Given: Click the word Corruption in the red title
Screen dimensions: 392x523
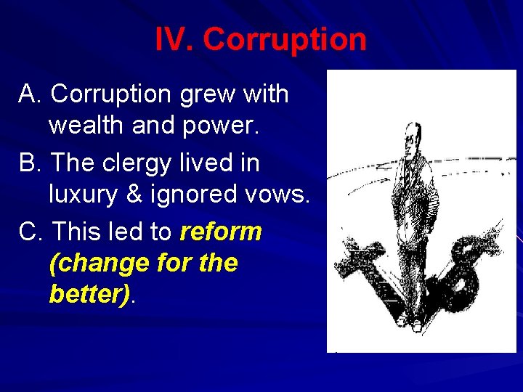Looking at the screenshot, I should [285, 39].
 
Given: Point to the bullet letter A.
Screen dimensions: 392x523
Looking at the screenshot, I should [30, 94].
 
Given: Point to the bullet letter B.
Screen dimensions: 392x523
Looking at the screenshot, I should [30, 163].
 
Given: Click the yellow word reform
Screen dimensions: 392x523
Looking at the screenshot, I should [220, 232].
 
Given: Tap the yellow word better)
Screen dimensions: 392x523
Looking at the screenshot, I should [91, 295].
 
